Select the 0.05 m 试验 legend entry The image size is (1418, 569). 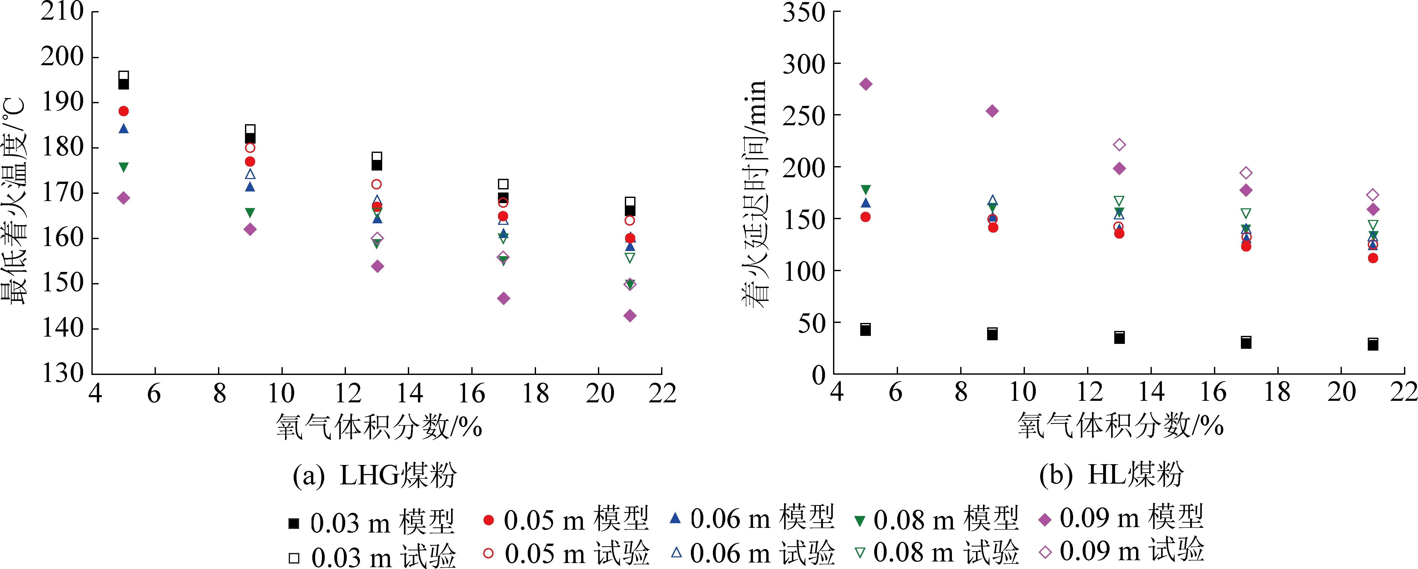pyautogui.click(x=567, y=553)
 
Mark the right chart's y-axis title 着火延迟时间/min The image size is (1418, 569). pyautogui.click(x=754, y=194)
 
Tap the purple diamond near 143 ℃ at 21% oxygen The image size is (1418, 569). pyautogui.click(x=630, y=315)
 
